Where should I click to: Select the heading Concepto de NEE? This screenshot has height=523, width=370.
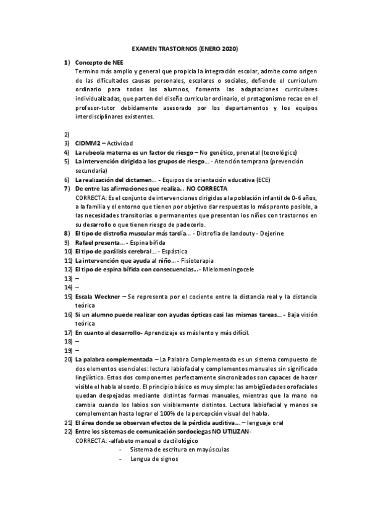[98, 63]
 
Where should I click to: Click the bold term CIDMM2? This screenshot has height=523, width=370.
[88, 143]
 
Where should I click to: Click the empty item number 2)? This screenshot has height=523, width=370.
[66, 134]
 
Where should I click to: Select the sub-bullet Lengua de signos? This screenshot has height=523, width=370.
[154, 458]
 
